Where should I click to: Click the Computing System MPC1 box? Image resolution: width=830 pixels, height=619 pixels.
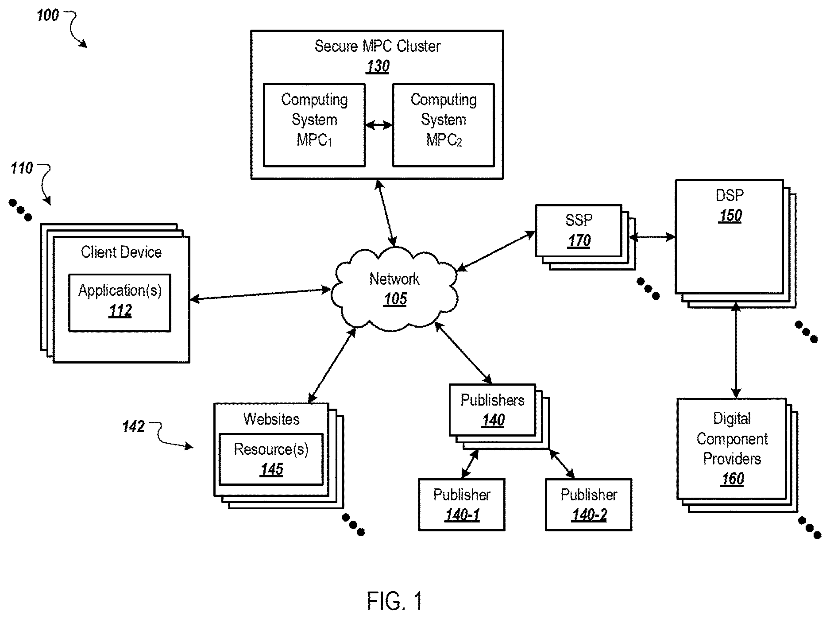click(x=314, y=125)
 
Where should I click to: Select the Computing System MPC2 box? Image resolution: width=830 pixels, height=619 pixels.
click(x=443, y=125)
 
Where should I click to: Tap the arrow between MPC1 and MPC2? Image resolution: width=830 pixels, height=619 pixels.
click(x=379, y=125)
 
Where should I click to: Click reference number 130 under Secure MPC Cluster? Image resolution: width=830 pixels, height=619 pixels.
click(x=378, y=66)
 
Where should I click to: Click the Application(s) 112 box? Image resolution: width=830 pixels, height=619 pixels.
click(x=120, y=303)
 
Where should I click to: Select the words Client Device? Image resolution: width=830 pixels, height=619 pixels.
click(x=121, y=252)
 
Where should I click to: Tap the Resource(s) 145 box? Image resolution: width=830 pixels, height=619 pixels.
click(x=271, y=459)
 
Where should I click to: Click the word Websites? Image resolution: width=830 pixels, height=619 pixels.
click(x=271, y=419)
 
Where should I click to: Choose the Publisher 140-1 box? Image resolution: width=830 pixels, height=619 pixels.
click(x=462, y=504)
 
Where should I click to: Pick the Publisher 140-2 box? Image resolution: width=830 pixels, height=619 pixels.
click(x=589, y=504)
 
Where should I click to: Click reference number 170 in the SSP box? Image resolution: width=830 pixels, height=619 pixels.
click(x=579, y=241)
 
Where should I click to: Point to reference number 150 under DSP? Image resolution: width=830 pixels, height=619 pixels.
click(x=730, y=216)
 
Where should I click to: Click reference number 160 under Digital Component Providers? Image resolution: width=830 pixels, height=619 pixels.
click(x=733, y=479)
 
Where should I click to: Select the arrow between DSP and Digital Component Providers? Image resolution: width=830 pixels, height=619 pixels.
click(x=736, y=350)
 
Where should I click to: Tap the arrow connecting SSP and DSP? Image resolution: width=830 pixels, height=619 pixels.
click(x=652, y=237)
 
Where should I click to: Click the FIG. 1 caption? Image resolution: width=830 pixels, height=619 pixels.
click(x=394, y=601)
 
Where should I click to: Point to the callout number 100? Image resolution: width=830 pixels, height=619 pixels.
click(x=47, y=15)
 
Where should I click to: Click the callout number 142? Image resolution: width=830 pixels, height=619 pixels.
click(x=133, y=426)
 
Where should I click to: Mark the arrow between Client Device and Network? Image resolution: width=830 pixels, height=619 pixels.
click(x=260, y=295)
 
